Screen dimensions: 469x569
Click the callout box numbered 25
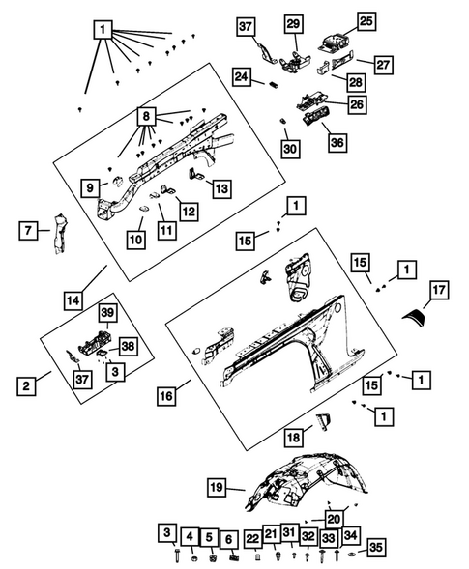(366, 21)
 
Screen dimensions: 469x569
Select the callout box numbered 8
(146, 116)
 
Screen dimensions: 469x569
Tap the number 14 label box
(73, 300)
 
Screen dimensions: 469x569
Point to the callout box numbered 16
(166, 396)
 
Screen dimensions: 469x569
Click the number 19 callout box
(217, 487)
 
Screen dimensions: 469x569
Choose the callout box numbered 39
(107, 312)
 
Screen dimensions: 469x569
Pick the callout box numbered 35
(376, 547)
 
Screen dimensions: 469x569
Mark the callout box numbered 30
(290, 149)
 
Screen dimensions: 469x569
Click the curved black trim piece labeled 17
(415, 317)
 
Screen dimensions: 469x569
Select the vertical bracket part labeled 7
(59, 234)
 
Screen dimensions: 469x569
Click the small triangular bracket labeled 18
(323, 421)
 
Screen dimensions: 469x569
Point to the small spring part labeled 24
(274, 85)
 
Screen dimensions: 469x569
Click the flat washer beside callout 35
(352, 555)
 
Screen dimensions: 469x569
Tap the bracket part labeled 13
(195, 174)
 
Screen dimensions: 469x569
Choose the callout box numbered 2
(26, 385)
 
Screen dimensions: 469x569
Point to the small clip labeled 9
(118, 181)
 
